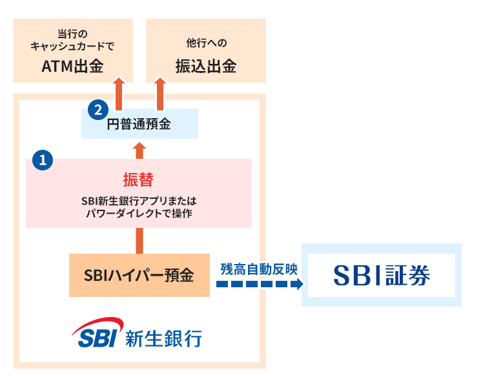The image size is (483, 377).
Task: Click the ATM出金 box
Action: pos(73,50)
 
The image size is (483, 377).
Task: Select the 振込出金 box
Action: pos(206,50)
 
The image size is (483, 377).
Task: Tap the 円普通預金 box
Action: pos(139,124)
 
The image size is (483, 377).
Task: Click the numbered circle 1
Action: pos(43,160)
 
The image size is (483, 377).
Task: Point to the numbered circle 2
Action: pos(97,108)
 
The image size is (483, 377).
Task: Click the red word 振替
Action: pos(138,179)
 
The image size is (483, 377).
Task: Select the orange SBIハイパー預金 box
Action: pos(139,276)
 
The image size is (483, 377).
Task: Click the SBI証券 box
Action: pos(382,275)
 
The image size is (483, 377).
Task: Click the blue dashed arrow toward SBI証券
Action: pos(258,284)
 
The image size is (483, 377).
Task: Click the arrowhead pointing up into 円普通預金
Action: pos(139,148)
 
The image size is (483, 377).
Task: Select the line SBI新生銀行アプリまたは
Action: pos(138,200)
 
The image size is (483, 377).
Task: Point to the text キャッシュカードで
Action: pos(72,46)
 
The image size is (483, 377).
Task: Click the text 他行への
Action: pos(206,45)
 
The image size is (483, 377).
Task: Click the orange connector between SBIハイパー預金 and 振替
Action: pos(139,241)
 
